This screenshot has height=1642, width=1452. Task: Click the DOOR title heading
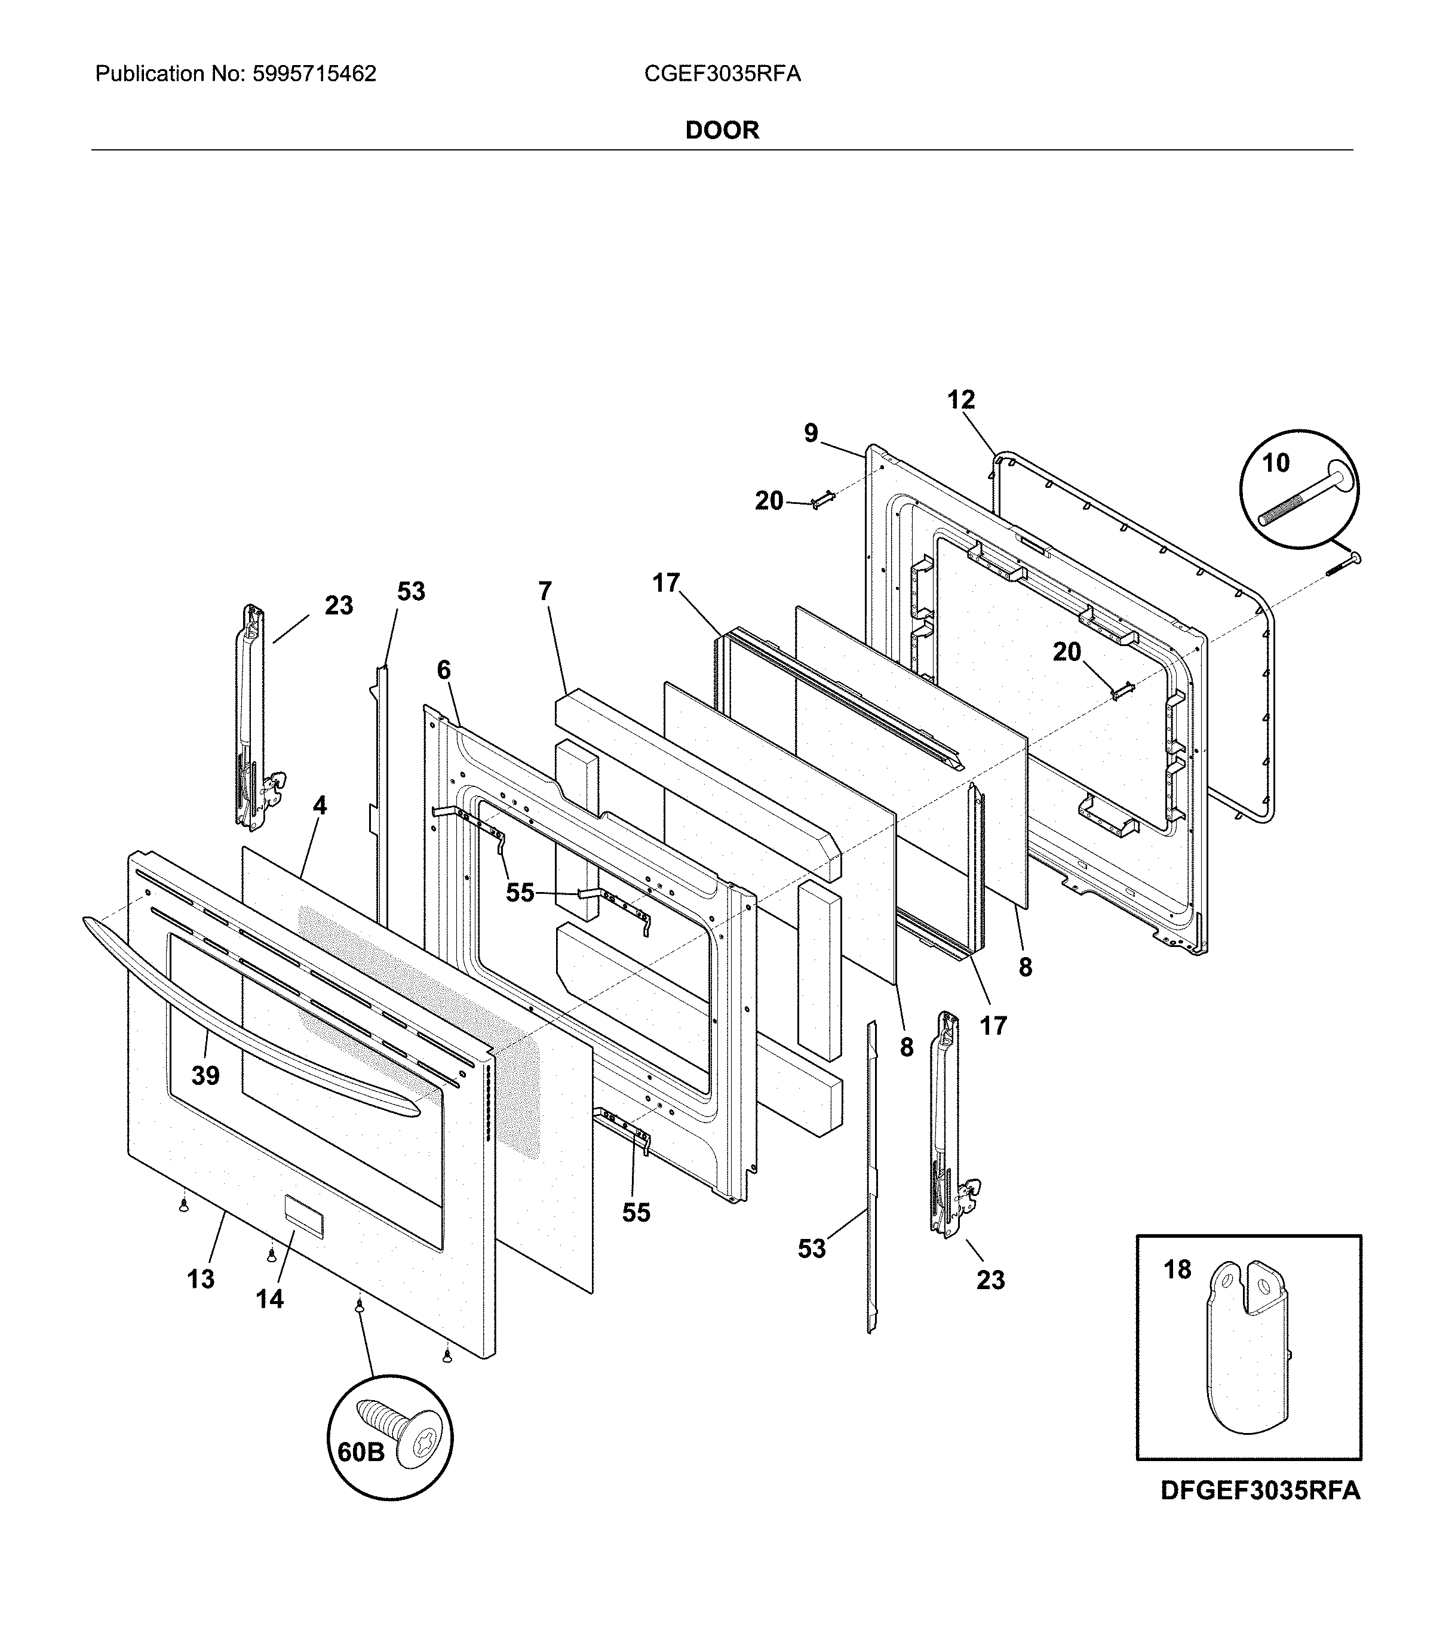click(722, 130)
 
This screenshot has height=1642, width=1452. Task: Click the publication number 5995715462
click(314, 74)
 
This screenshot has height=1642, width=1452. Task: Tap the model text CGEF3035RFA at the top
click(722, 74)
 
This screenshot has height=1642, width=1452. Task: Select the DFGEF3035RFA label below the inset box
click(1260, 1491)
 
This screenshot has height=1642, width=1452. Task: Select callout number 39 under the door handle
click(205, 1075)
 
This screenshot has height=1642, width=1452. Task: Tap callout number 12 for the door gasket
click(961, 399)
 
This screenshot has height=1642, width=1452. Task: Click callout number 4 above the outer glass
click(320, 805)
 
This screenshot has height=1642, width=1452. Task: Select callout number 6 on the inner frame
click(444, 670)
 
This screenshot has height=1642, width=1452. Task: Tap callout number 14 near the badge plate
click(270, 1298)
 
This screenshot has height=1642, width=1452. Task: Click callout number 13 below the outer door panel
click(201, 1279)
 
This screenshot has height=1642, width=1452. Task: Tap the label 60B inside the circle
click(361, 1452)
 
